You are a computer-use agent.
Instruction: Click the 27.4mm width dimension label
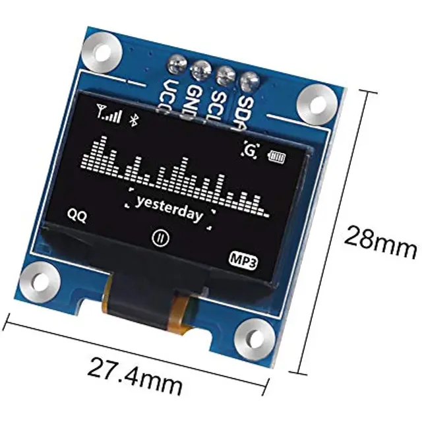(135, 369)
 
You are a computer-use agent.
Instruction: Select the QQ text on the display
(76, 215)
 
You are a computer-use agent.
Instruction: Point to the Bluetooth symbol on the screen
(131, 119)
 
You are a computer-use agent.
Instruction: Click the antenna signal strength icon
(109, 115)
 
